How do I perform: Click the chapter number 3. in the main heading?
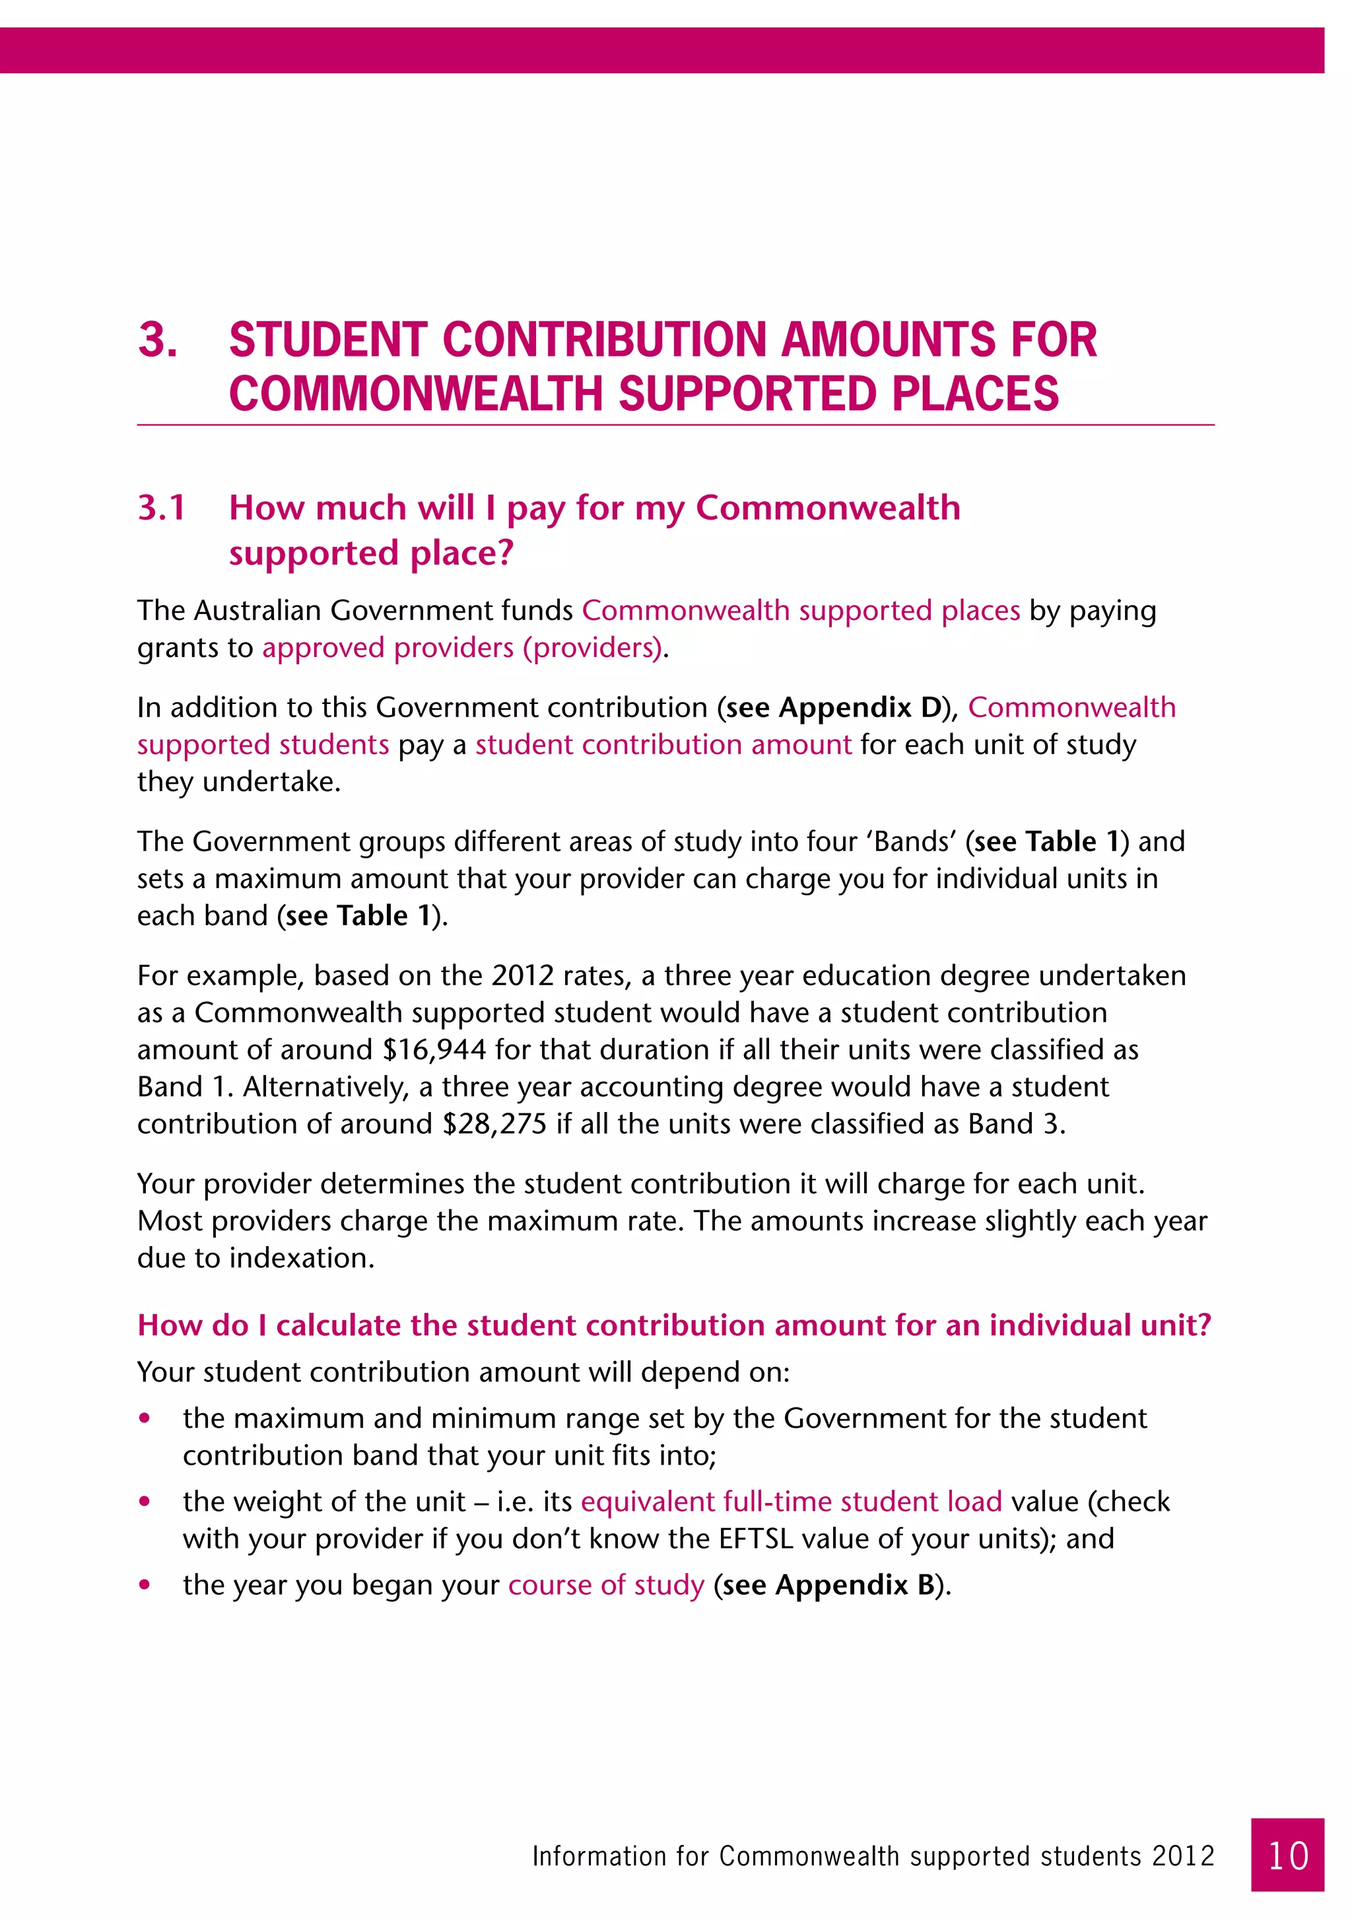click(158, 340)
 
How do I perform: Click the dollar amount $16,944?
click(434, 1050)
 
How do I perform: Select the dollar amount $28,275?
click(494, 1124)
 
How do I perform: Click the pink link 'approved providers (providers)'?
click(462, 648)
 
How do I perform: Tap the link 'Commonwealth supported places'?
click(801, 610)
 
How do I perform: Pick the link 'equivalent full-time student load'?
click(792, 1501)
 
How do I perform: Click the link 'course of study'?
click(607, 1585)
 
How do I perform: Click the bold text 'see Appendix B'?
click(829, 1585)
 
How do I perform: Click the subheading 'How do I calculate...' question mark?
click(1203, 1325)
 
